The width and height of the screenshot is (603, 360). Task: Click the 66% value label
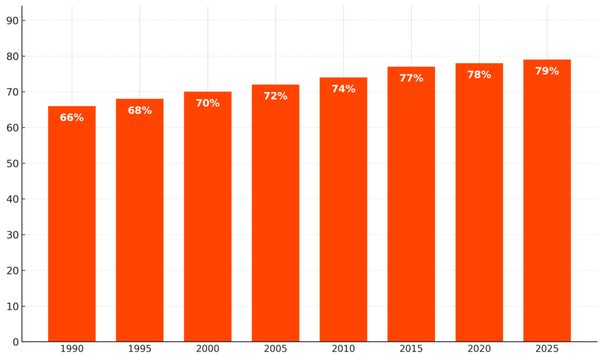[72, 118]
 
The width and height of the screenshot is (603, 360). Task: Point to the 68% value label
[140, 111]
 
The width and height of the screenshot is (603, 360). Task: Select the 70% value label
[207, 104]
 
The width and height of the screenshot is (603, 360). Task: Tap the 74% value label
[343, 90]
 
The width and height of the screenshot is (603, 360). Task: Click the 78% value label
[479, 75]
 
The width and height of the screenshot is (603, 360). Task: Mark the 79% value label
[546, 71]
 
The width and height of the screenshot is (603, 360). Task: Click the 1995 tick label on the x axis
[140, 349]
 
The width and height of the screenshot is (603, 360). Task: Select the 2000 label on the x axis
[207, 349]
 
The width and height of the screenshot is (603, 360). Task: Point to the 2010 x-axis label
[343, 349]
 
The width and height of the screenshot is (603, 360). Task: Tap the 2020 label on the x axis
[479, 349]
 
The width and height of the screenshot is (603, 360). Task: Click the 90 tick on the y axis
[12, 21]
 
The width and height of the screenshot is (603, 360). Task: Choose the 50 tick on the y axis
[12, 163]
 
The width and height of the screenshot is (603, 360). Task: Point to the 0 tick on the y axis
[15, 342]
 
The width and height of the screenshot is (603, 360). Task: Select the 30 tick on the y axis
[12, 235]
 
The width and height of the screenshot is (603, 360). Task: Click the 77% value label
[411, 78]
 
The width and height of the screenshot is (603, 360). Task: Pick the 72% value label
[276, 97]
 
